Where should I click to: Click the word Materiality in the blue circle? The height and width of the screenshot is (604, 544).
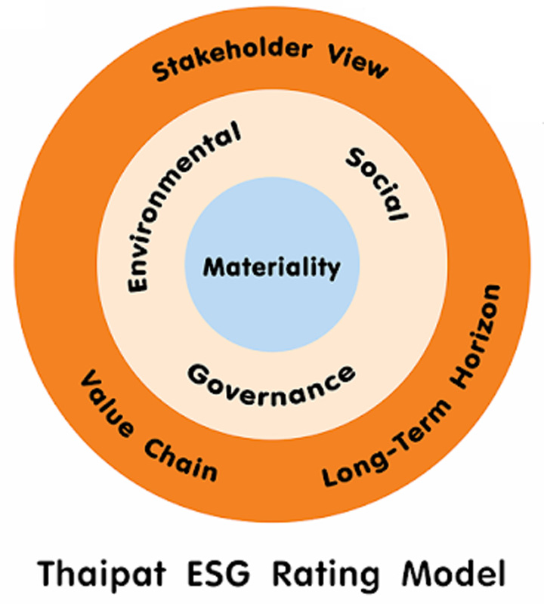tap(272, 268)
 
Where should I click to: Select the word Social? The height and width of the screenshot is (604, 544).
tap(376, 185)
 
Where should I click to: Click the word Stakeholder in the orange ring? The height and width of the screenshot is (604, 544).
tap(231, 58)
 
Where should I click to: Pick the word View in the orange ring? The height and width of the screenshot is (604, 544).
tap(358, 63)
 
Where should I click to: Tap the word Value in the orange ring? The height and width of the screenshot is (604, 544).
tap(107, 403)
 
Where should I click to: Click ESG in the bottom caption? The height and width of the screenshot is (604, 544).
tap(218, 574)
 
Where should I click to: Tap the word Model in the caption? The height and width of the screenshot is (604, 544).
tap(453, 573)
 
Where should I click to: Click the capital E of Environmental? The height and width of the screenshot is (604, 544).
tap(138, 282)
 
